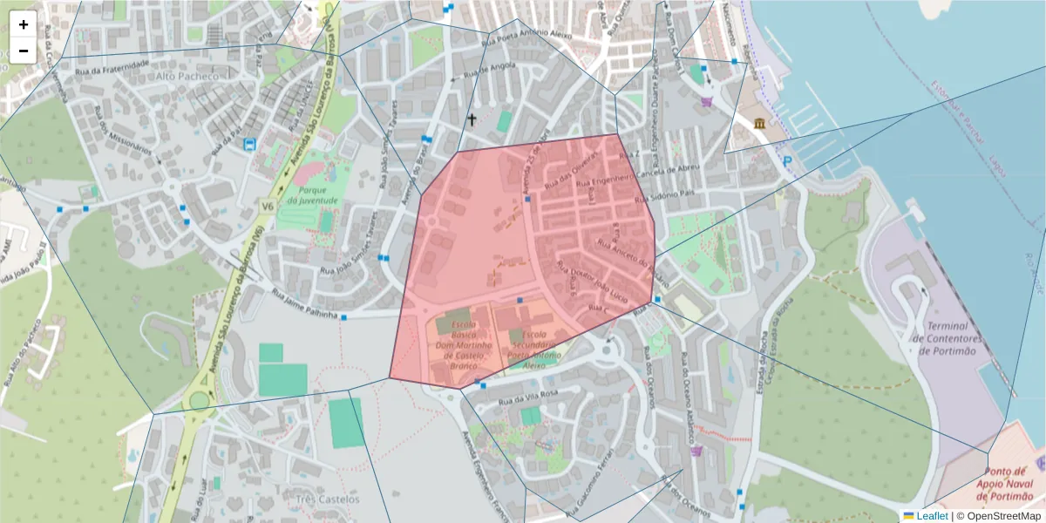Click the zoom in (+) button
[24, 24]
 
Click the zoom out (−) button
[24, 51]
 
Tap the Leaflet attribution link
[932, 516]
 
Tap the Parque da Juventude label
[311, 194]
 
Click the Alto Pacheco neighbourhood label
[187, 76]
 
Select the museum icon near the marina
[760, 123]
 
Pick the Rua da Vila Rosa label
[526, 396]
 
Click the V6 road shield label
[266, 206]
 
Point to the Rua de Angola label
[479, 72]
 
